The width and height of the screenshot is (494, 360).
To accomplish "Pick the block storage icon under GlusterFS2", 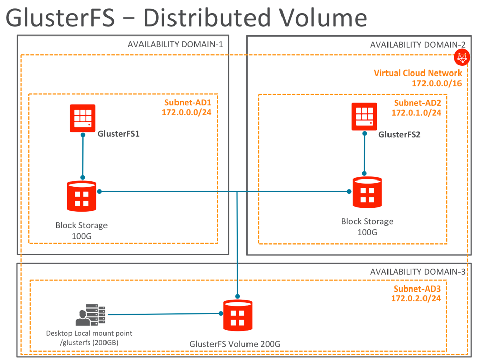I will point(368,192).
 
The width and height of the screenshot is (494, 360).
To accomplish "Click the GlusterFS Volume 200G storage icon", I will point(237,316).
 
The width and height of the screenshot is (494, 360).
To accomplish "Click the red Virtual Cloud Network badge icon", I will point(462,58).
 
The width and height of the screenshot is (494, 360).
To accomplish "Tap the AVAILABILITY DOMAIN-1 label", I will point(175,44).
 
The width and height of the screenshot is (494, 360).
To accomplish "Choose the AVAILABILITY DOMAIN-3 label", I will point(417,272).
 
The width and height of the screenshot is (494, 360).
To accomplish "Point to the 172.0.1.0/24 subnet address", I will point(416,113).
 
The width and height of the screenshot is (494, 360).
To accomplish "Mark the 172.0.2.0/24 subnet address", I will point(415,298).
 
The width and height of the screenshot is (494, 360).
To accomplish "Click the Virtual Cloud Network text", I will point(417,73).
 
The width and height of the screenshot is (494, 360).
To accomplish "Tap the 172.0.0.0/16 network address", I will point(437,83).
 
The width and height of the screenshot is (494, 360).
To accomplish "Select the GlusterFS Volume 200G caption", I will point(235,344).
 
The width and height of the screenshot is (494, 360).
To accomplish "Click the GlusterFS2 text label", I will point(399,135).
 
